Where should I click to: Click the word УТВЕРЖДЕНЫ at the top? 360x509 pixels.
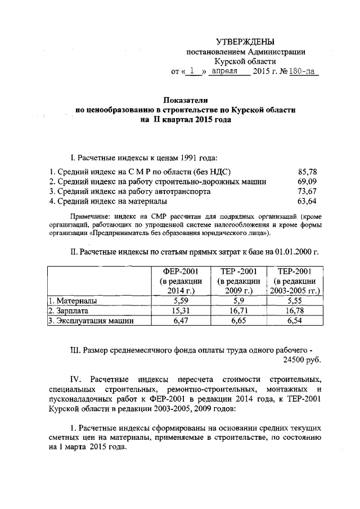[x=246, y=42]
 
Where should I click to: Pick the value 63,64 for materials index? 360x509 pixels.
[x=307, y=201]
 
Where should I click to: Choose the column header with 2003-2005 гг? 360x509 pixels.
[x=295, y=280]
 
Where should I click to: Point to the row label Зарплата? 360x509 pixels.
[x=68, y=310]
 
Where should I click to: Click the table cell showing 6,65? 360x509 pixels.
[x=239, y=321]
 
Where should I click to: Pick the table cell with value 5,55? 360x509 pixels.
[x=295, y=301]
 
